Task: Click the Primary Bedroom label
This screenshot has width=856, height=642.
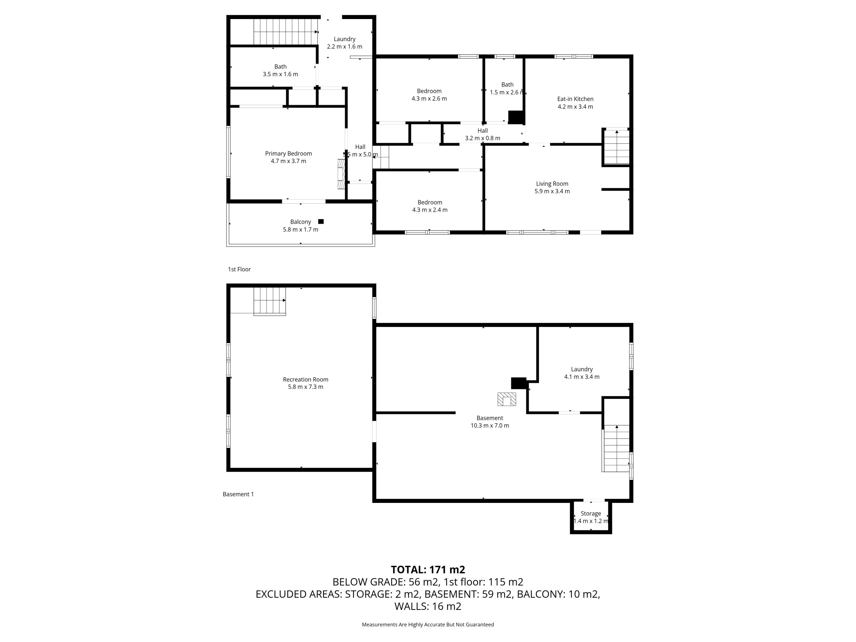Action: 288,153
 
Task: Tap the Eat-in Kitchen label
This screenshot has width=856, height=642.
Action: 575,99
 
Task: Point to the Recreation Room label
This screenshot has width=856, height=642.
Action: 305,380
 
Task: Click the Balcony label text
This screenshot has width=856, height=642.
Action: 301,222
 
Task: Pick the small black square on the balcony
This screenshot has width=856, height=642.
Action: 321,221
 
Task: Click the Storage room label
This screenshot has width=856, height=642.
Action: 591,514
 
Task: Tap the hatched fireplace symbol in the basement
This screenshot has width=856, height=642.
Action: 507,399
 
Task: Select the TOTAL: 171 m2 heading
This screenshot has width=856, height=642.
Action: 428,570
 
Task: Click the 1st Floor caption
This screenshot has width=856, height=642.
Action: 239,269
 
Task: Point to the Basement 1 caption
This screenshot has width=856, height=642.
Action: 238,494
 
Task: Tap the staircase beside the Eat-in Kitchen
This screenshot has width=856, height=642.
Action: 617,147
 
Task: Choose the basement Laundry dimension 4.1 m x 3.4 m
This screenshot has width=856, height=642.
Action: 581,377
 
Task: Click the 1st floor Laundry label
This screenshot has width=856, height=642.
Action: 344,39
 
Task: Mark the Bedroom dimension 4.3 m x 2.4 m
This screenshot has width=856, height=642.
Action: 430,210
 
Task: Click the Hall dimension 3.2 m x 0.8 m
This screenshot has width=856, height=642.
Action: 483,138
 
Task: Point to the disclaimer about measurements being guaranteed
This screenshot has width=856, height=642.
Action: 428,625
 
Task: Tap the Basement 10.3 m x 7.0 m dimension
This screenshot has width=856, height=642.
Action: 490,426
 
